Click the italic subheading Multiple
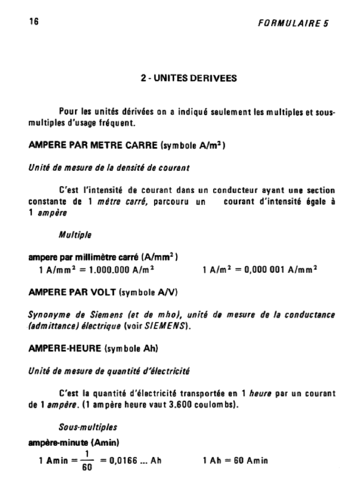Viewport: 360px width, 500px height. tap(75, 235)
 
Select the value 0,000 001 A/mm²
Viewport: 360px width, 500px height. tap(282, 269)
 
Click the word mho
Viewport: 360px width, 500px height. tap(166, 315)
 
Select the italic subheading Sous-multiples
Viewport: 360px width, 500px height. tap(88, 427)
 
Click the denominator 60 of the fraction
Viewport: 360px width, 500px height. tap(87, 467)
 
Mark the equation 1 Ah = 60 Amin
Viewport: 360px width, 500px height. tap(235, 460)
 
